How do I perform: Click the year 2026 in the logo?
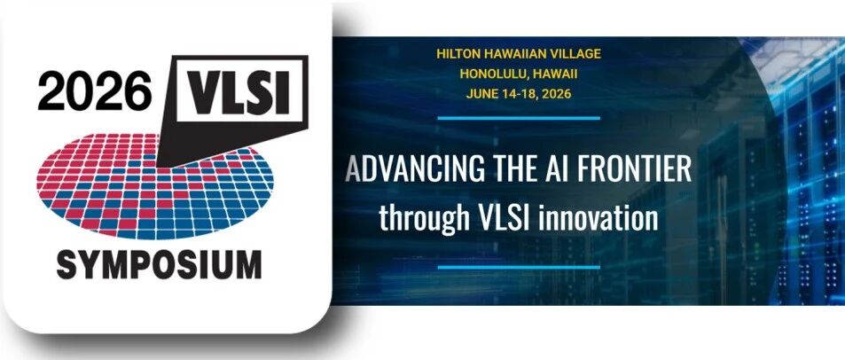click(95, 90)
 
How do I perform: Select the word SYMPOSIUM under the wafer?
click(159, 264)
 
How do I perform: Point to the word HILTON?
click(457, 53)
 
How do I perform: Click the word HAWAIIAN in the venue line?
click(508, 53)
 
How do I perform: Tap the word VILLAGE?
click(571, 53)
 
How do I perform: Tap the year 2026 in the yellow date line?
click(555, 94)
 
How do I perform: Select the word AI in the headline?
click(554, 168)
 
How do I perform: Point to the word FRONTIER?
click(634, 168)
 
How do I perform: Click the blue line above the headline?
click(519, 117)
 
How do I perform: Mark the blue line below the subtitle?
click(519, 267)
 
